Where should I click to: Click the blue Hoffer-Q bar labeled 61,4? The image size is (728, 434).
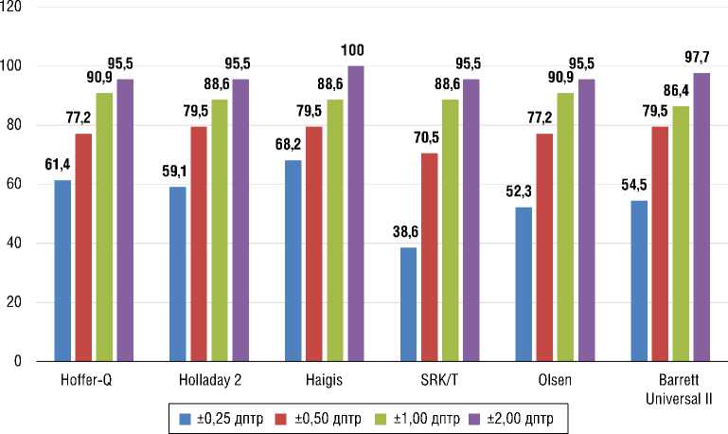coord(62,270)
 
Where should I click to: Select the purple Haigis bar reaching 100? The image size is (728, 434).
coord(355,213)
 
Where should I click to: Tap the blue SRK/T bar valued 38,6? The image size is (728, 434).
coord(409,303)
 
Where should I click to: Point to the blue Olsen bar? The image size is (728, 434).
coord(524,283)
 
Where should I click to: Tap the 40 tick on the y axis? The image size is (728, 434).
coord(21,244)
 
